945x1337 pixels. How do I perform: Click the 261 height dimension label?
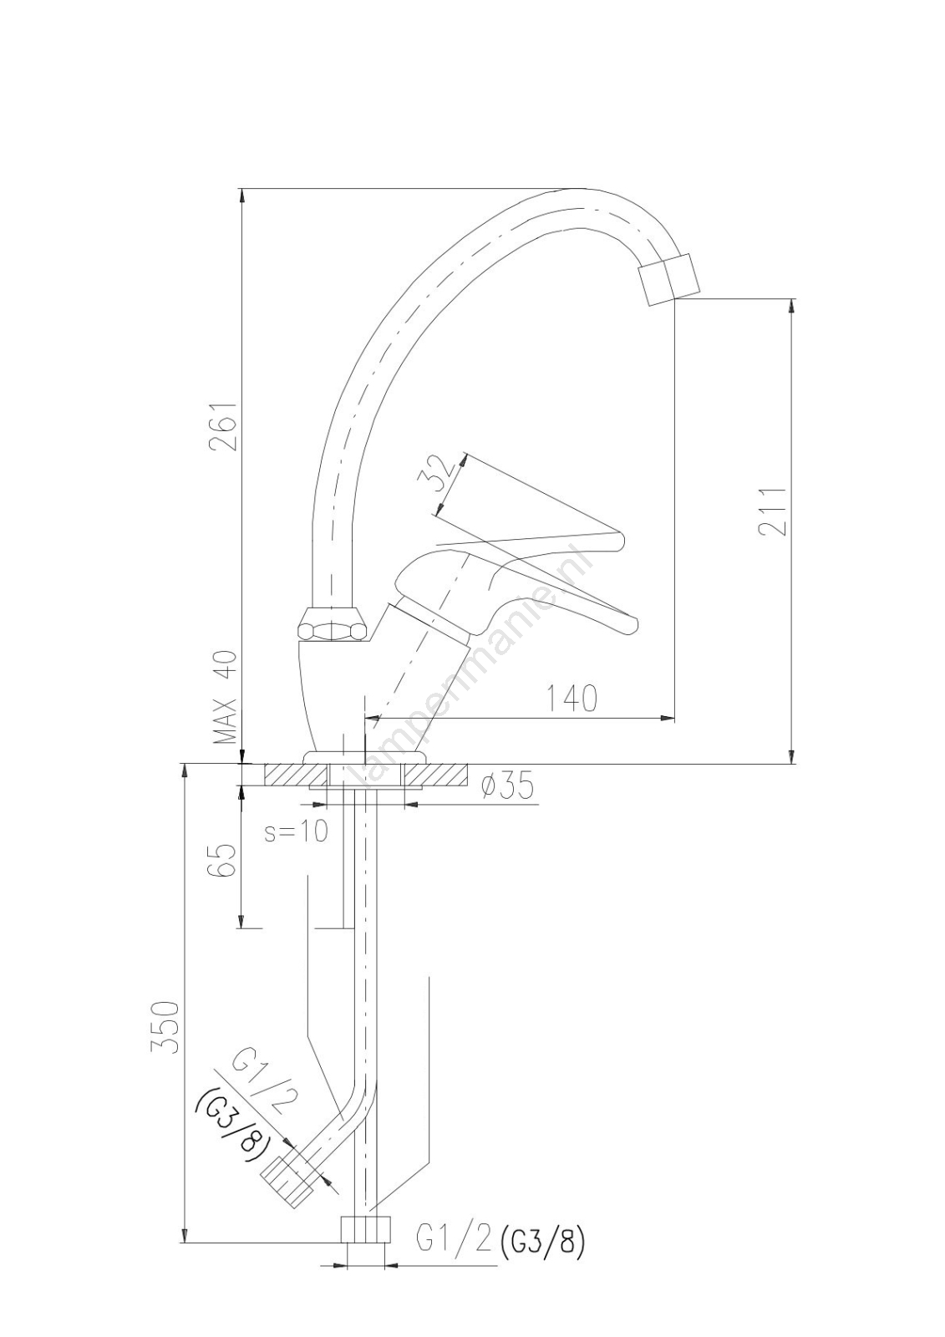coord(223,426)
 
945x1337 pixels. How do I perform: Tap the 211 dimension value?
coord(773,512)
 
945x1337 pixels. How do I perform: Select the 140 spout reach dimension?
coord(572,699)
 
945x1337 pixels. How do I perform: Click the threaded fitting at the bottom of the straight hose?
coord(365,1230)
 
